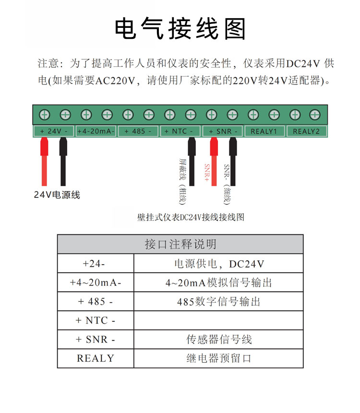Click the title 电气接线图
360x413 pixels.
click(x=180, y=29)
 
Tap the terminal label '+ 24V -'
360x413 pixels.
click(x=53, y=131)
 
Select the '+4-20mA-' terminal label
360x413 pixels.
click(x=96, y=131)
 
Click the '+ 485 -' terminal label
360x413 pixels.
click(x=138, y=131)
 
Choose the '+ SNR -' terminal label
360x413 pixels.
click(x=222, y=131)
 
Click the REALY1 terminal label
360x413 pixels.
click(x=264, y=131)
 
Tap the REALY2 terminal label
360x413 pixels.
click(x=307, y=131)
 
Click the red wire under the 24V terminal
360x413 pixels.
click(x=44, y=161)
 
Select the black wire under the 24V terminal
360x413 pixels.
click(x=63, y=161)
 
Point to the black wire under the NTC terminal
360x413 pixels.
click(x=192, y=161)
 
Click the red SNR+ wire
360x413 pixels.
click(x=214, y=161)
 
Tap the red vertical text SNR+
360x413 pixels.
click(x=207, y=172)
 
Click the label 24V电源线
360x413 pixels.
click(x=57, y=195)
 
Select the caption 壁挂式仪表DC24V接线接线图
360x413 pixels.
click(x=191, y=217)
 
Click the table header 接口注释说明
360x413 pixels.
click(x=180, y=244)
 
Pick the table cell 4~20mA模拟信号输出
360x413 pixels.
click(x=218, y=283)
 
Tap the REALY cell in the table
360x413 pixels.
click(x=96, y=358)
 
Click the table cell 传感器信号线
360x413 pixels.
click(x=219, y=340)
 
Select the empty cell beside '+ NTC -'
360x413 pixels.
click(x=218, y=320)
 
